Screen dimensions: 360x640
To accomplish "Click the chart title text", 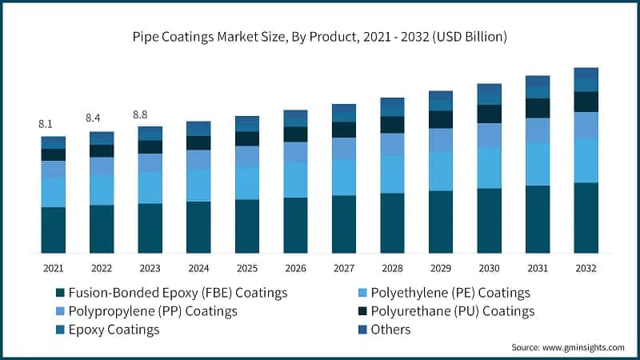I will click(x=320, y=37).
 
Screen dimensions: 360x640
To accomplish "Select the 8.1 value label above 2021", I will click(x=46, y=124).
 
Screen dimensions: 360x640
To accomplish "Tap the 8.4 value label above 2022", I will click(x=94, y=118).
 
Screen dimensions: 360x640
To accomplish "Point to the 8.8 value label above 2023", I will click(x=142, y=114).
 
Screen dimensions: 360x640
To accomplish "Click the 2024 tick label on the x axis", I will click(x=198, y=268).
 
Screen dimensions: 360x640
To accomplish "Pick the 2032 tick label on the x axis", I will click(x=586, y=268).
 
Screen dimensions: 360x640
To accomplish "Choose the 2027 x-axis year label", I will click(x=344, y=268).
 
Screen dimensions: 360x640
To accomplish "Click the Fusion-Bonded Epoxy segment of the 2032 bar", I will click(x=586, y=218).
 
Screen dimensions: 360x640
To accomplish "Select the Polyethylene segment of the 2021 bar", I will click(x=54, y=192).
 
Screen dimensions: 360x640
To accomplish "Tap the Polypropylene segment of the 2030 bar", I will click(x=490, y=135).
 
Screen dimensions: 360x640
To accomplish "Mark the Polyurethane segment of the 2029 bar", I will click(x=441, y=119).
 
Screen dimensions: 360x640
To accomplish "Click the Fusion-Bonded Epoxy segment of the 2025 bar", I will click(x=247, y=226).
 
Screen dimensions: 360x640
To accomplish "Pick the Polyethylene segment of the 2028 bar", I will click(x=392, y=174).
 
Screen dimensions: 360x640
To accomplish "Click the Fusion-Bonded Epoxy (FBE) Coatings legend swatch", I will click(x=58, y=294).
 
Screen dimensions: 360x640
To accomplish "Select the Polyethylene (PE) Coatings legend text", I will click(x=454, y=294).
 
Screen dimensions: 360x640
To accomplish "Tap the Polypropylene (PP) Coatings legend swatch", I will click(x=58, y=311).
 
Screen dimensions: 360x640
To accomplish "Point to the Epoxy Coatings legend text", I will click(x=114, y=330).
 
